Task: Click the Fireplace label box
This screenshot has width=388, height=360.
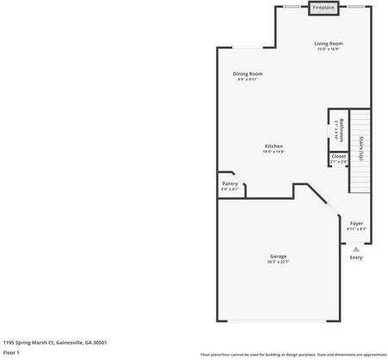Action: (x=323, y=8)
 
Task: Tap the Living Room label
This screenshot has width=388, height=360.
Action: (x=328, y=43)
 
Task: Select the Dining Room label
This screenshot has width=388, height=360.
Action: (x=248, y=74)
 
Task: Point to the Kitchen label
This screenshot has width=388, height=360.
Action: (x=274, y=146)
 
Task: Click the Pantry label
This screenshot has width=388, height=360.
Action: (x=230, y=183)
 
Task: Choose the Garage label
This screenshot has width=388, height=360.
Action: (x=278, y=257)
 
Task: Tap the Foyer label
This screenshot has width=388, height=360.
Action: (x=356, y=223)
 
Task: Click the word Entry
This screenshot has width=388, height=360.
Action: (x=356, y=258)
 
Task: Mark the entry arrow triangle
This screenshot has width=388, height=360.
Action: (x=356, y=248)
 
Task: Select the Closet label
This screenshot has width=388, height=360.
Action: (x=339, y=157)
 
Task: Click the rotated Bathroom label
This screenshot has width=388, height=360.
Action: (x=342, y=128)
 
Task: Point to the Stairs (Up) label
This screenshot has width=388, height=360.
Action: (x=361, y=148)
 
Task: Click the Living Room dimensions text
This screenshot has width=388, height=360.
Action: (x=328, y=49)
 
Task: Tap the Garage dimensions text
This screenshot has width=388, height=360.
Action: (x=278, y=263)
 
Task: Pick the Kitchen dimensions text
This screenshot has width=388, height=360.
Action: (x=274, y=152)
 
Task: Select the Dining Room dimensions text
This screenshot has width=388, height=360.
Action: (x=248, y=80)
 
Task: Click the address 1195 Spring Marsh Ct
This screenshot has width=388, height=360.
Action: (x=55, y=342)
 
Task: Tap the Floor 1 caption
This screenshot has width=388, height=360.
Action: (x=11, y=352)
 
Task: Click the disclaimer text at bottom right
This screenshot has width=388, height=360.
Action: (x=293, y=354)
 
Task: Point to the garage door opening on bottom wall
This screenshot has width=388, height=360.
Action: (x=276, y=322)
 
